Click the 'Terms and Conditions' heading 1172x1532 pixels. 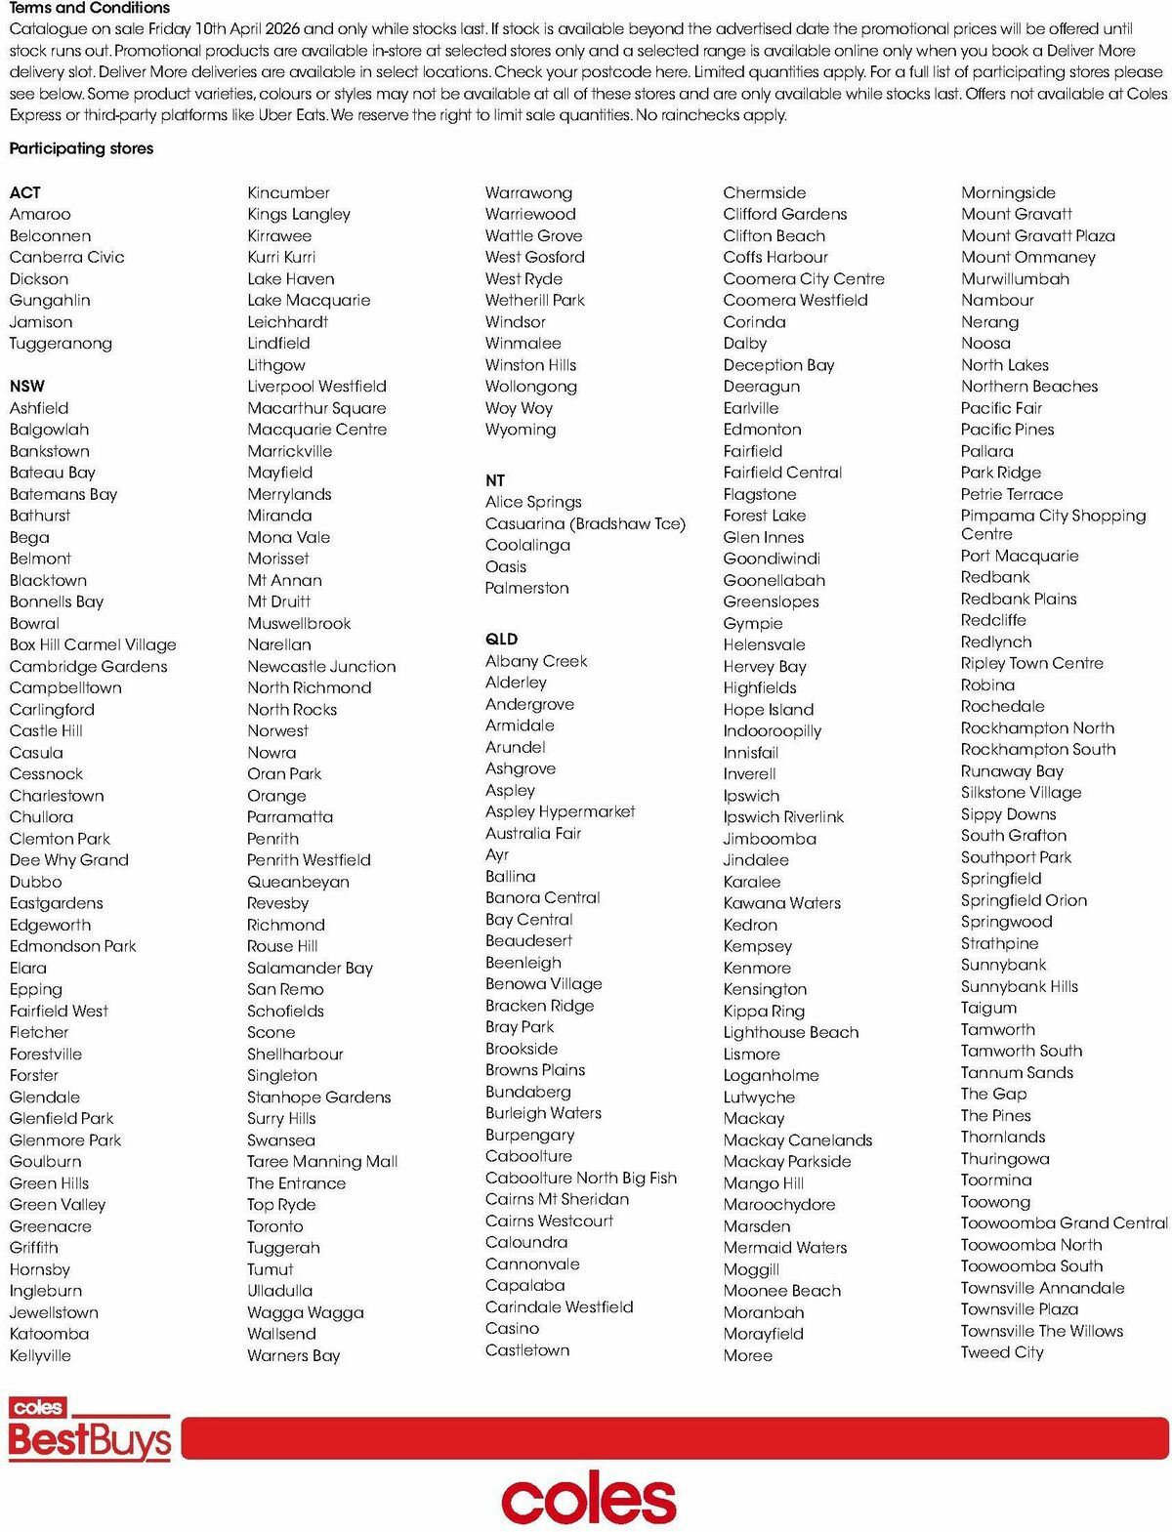pyautogui.click(x=89, y=8)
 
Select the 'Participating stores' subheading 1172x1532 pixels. pyautogui.click(x=81, y=148)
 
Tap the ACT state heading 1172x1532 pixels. pyautogui.click(x=25, y=192)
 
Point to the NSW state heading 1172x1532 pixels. pyautogui.click(x=27, y=386)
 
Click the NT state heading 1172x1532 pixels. pyautogui.click(x=495, y=480)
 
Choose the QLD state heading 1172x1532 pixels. pyautogui.click(x=501, y=639)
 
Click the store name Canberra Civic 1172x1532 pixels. pyautogui.click(x=66, y=257)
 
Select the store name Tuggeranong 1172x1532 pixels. pyautogui.click(x=61, y=343)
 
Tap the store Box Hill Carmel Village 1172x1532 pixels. pyautogui.click(x=93, y=644)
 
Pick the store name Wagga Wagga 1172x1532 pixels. pyautogui.click(x=305, y=1312)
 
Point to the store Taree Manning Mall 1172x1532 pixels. pyautogui.click(x=322, y=1161)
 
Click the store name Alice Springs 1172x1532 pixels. pyautogui.click(x=533, y=502)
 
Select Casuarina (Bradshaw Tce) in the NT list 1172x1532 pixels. pyautogui.click(x=585, y=523)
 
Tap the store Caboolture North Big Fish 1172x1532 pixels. pyautogui.click(x=580, y=1178)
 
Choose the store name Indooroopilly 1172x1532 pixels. pyautogui.click(x=772, y=730)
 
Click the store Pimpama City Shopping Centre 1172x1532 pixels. pyautogui.click(x=1052, y=524)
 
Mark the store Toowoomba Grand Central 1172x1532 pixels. pyautogui.click(x=1064, y=1222)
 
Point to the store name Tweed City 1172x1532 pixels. pyautogui.click(x=1002, y=1352)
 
